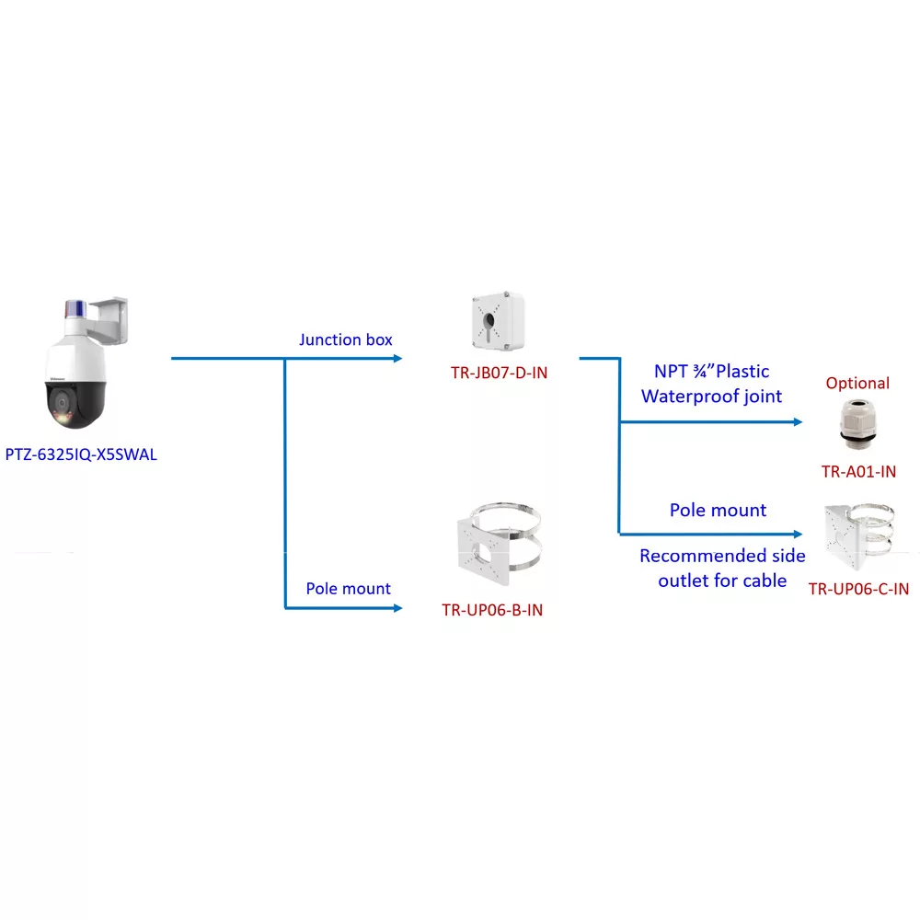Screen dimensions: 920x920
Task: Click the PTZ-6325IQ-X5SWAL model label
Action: tap(81, 454)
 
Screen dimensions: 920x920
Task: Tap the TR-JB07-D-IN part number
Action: tap(499, 373)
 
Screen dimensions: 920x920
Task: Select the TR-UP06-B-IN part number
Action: tap(492, 610)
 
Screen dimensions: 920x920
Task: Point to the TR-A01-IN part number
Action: tap(858, 472)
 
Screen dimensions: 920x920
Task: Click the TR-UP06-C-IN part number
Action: tap(858, 589)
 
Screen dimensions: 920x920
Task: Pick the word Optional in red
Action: tap(857, 383)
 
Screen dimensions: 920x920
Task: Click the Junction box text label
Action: tap(346, 339)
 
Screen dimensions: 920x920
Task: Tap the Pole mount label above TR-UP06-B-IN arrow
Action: tap(348, 589)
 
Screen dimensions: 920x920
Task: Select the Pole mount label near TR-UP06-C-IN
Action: tap(718, 510)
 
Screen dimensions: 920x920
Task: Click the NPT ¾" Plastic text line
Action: tap(711, 372)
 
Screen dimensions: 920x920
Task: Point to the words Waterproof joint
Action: tap(711, 397)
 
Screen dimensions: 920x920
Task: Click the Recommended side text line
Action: tap(722, 556)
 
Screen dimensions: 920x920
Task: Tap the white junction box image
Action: tap(498, 320)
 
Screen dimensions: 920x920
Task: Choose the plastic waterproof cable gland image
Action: tap(857, 423)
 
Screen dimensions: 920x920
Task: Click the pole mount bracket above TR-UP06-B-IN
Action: tap(499, 543)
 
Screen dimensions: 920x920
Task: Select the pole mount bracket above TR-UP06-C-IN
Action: tap(859, 535)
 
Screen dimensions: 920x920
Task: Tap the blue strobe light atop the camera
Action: tap(75, 309)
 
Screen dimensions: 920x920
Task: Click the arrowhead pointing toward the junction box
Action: tap(397, 358)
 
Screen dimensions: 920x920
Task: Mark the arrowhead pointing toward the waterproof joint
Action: tap(798, 422)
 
